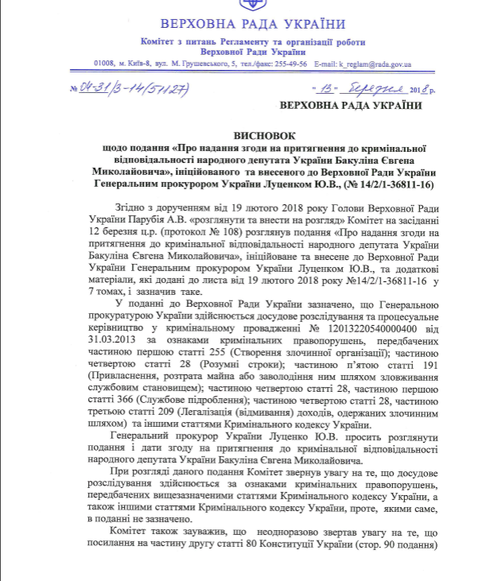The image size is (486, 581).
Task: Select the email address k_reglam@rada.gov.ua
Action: point(374,64)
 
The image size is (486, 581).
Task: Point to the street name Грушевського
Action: point(209,64)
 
